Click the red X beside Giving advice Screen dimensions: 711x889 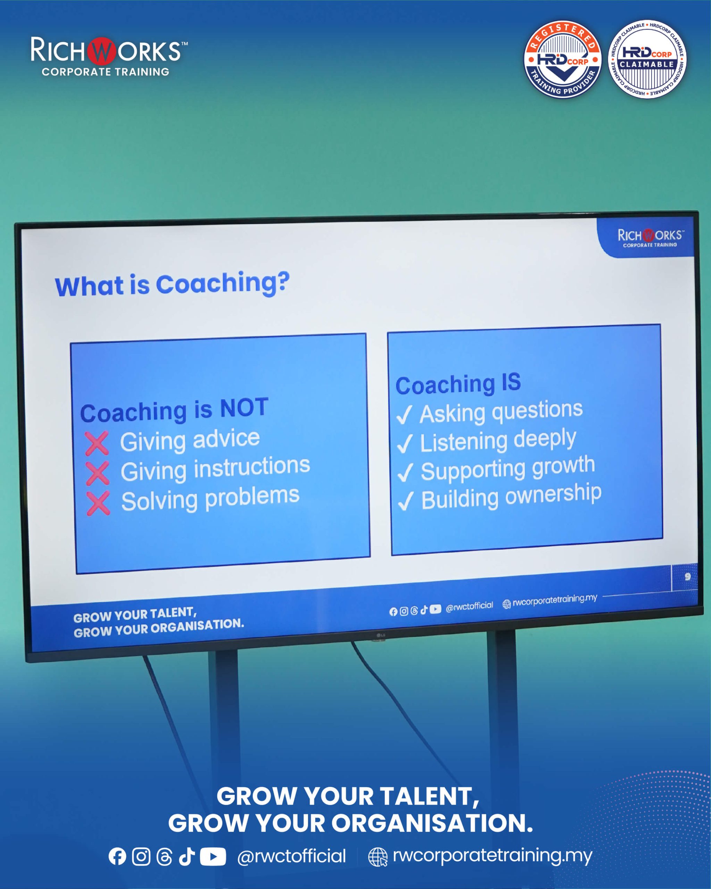click(97, 443)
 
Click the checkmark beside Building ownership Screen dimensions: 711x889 click(405, 501)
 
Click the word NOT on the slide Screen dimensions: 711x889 click(244, 408)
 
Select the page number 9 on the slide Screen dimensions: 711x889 click(687, 576)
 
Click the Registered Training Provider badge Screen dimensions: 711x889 click(563, 60)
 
